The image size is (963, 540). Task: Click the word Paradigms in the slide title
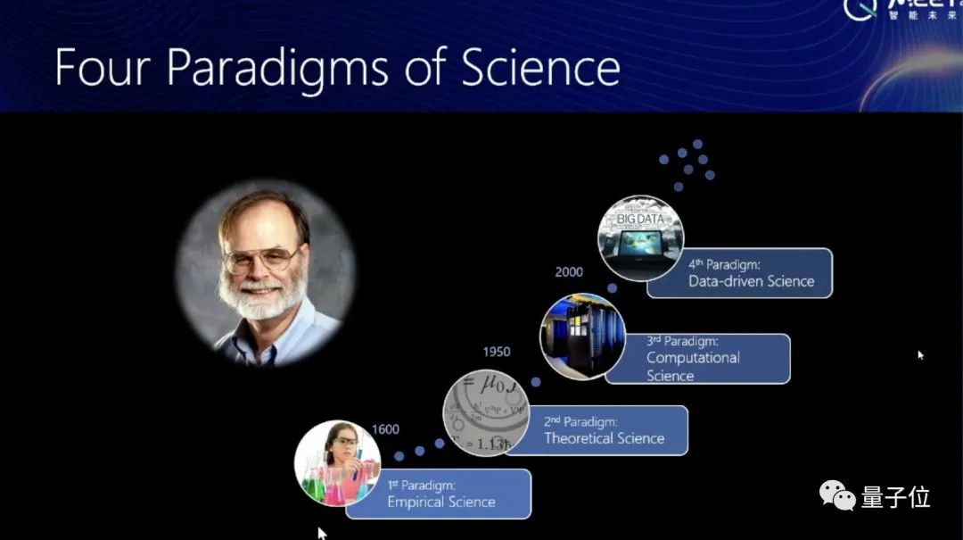tap(277, 68)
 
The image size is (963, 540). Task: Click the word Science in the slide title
tap(539, 66)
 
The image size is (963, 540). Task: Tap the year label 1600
tap(385, 429)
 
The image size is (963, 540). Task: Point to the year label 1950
tap(497, 352)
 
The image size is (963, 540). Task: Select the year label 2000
tap(569, 272)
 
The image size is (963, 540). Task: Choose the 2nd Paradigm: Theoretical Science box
tap(604, 430)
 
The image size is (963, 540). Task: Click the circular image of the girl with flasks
tap(337, 463)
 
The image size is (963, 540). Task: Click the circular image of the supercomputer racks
tap(581, 336)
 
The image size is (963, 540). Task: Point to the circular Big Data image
tap(640, 238)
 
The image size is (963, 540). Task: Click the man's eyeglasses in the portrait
tap(261, 260)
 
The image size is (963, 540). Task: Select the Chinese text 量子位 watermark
tap(895, 496)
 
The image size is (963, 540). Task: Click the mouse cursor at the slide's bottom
tap(322, 533)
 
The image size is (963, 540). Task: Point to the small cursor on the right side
tap(921, 355)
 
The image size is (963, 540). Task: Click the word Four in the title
tap(103, 66)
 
